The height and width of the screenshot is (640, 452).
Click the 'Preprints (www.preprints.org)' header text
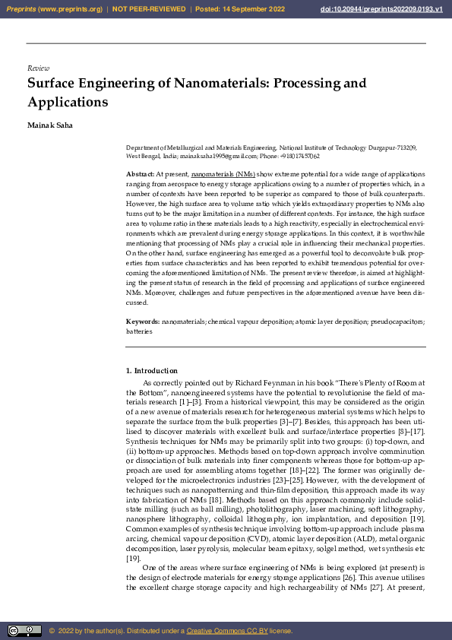(55, 9)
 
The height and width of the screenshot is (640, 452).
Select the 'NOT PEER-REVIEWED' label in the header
(149, 9)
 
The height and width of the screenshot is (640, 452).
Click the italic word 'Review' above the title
(38, 68)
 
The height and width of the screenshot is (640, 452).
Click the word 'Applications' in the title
(68, 102)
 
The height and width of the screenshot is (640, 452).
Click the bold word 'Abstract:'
(141, 175)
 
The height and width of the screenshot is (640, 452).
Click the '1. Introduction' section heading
(151, 370)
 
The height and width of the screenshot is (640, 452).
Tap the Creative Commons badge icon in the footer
(24, 630)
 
